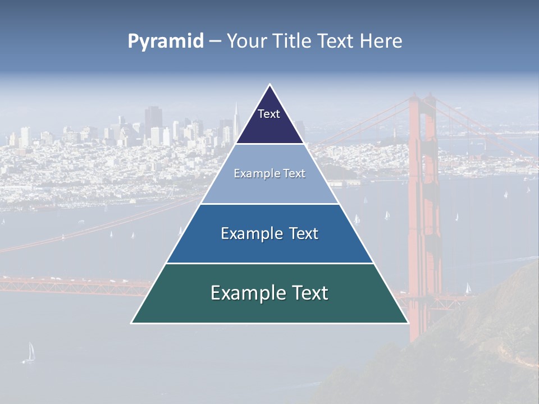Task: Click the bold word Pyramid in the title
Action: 165,42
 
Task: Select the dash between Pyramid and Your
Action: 215,42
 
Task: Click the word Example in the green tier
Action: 245,293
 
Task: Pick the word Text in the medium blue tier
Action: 301,233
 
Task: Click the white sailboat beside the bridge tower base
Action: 468,288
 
